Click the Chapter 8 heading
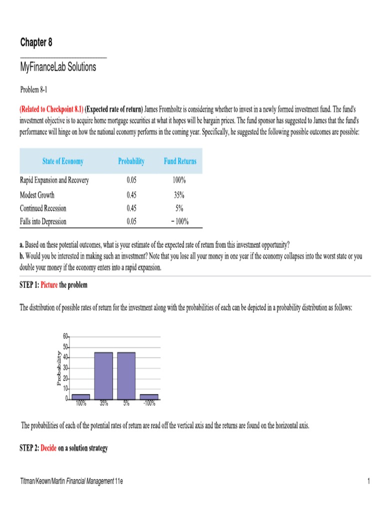pos(36,42)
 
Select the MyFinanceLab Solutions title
pos(58,67)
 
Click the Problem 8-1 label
pos(33,89)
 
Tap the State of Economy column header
pos(63,161)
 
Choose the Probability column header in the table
pos(131,161)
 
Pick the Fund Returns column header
pos(180,161)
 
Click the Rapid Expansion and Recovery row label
pos(54,180)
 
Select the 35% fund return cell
pos(180,195)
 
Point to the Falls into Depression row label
pos(43,221)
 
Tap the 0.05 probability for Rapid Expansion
pos(131,180)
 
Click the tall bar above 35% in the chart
pos(103,375)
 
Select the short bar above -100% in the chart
pos(149,396)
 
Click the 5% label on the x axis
pos(126,402)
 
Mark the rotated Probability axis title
pos(58,368)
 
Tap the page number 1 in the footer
pos(367,481)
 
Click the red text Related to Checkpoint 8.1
pos(51,109)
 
